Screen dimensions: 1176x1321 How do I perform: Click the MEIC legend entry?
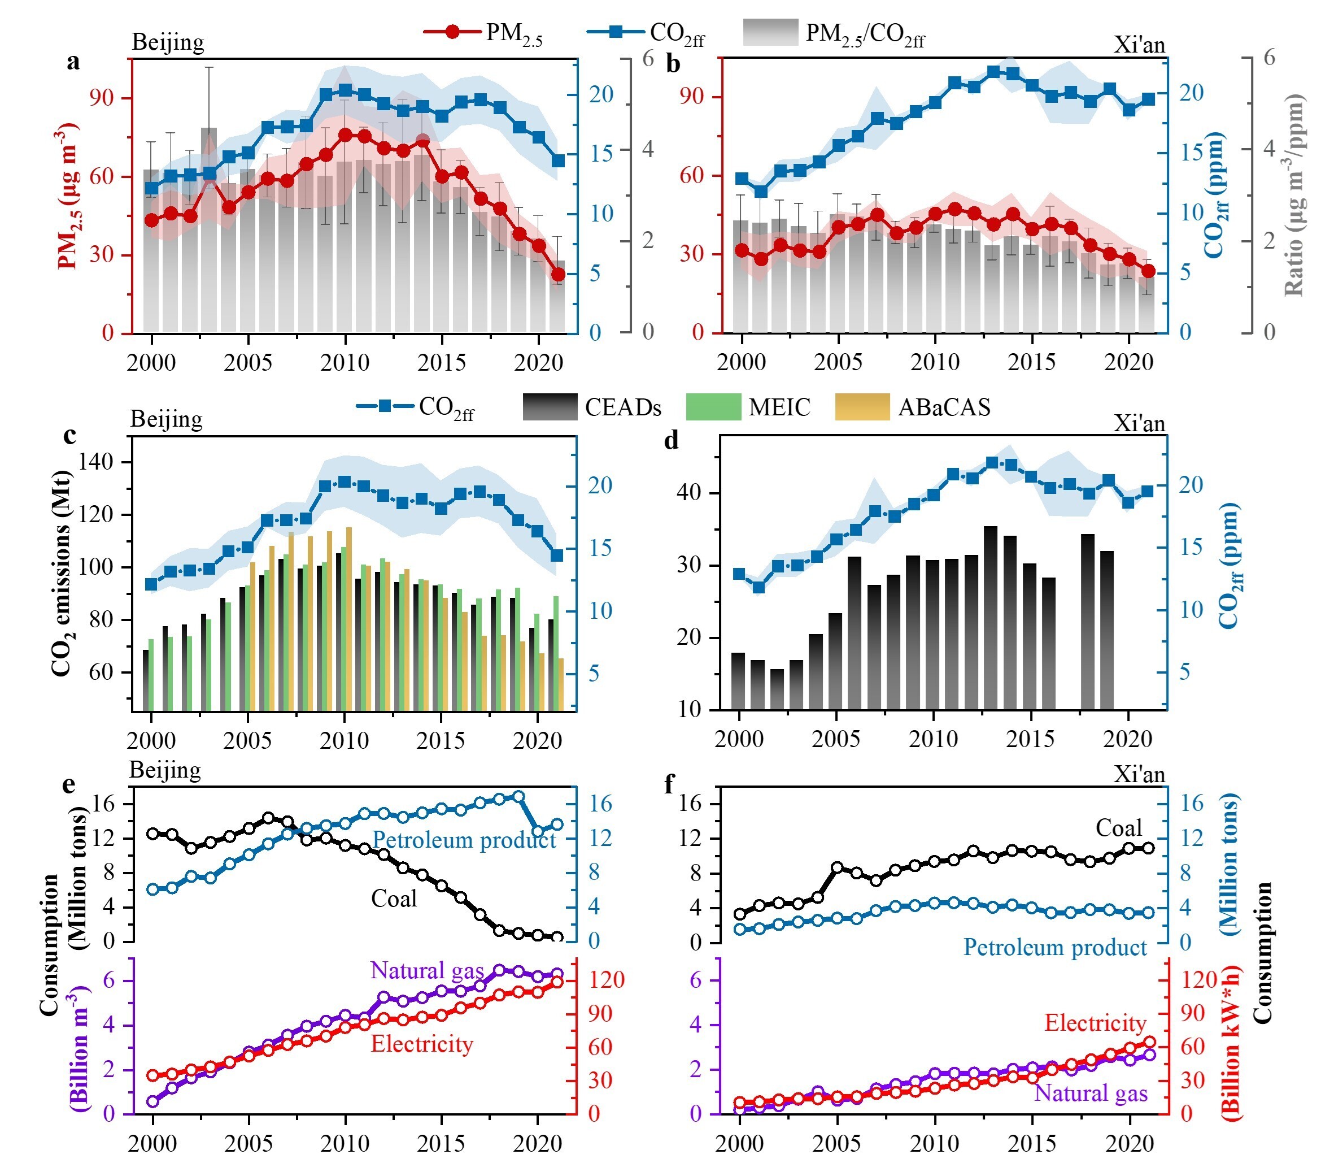[x=778, y=407]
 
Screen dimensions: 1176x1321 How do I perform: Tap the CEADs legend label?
[x=622, y=407]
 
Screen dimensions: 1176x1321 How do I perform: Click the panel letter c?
[x=70, y=435]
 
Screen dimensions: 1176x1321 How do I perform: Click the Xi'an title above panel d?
[x=1139, y=423]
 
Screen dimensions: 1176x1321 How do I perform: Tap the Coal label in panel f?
[x=1118, y=828]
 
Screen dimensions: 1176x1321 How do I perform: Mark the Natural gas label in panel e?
[x=426, y=970]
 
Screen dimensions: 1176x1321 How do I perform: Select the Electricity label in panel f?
[x=1095, y=1023]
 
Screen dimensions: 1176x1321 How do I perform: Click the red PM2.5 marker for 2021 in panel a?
[x=559, y=275]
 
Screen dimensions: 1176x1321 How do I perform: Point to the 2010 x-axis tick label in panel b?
[x=935, y=362]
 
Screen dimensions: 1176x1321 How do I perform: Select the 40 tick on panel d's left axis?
[x=689, y=493]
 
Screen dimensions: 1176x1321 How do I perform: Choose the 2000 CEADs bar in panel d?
[x=738, y=682]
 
